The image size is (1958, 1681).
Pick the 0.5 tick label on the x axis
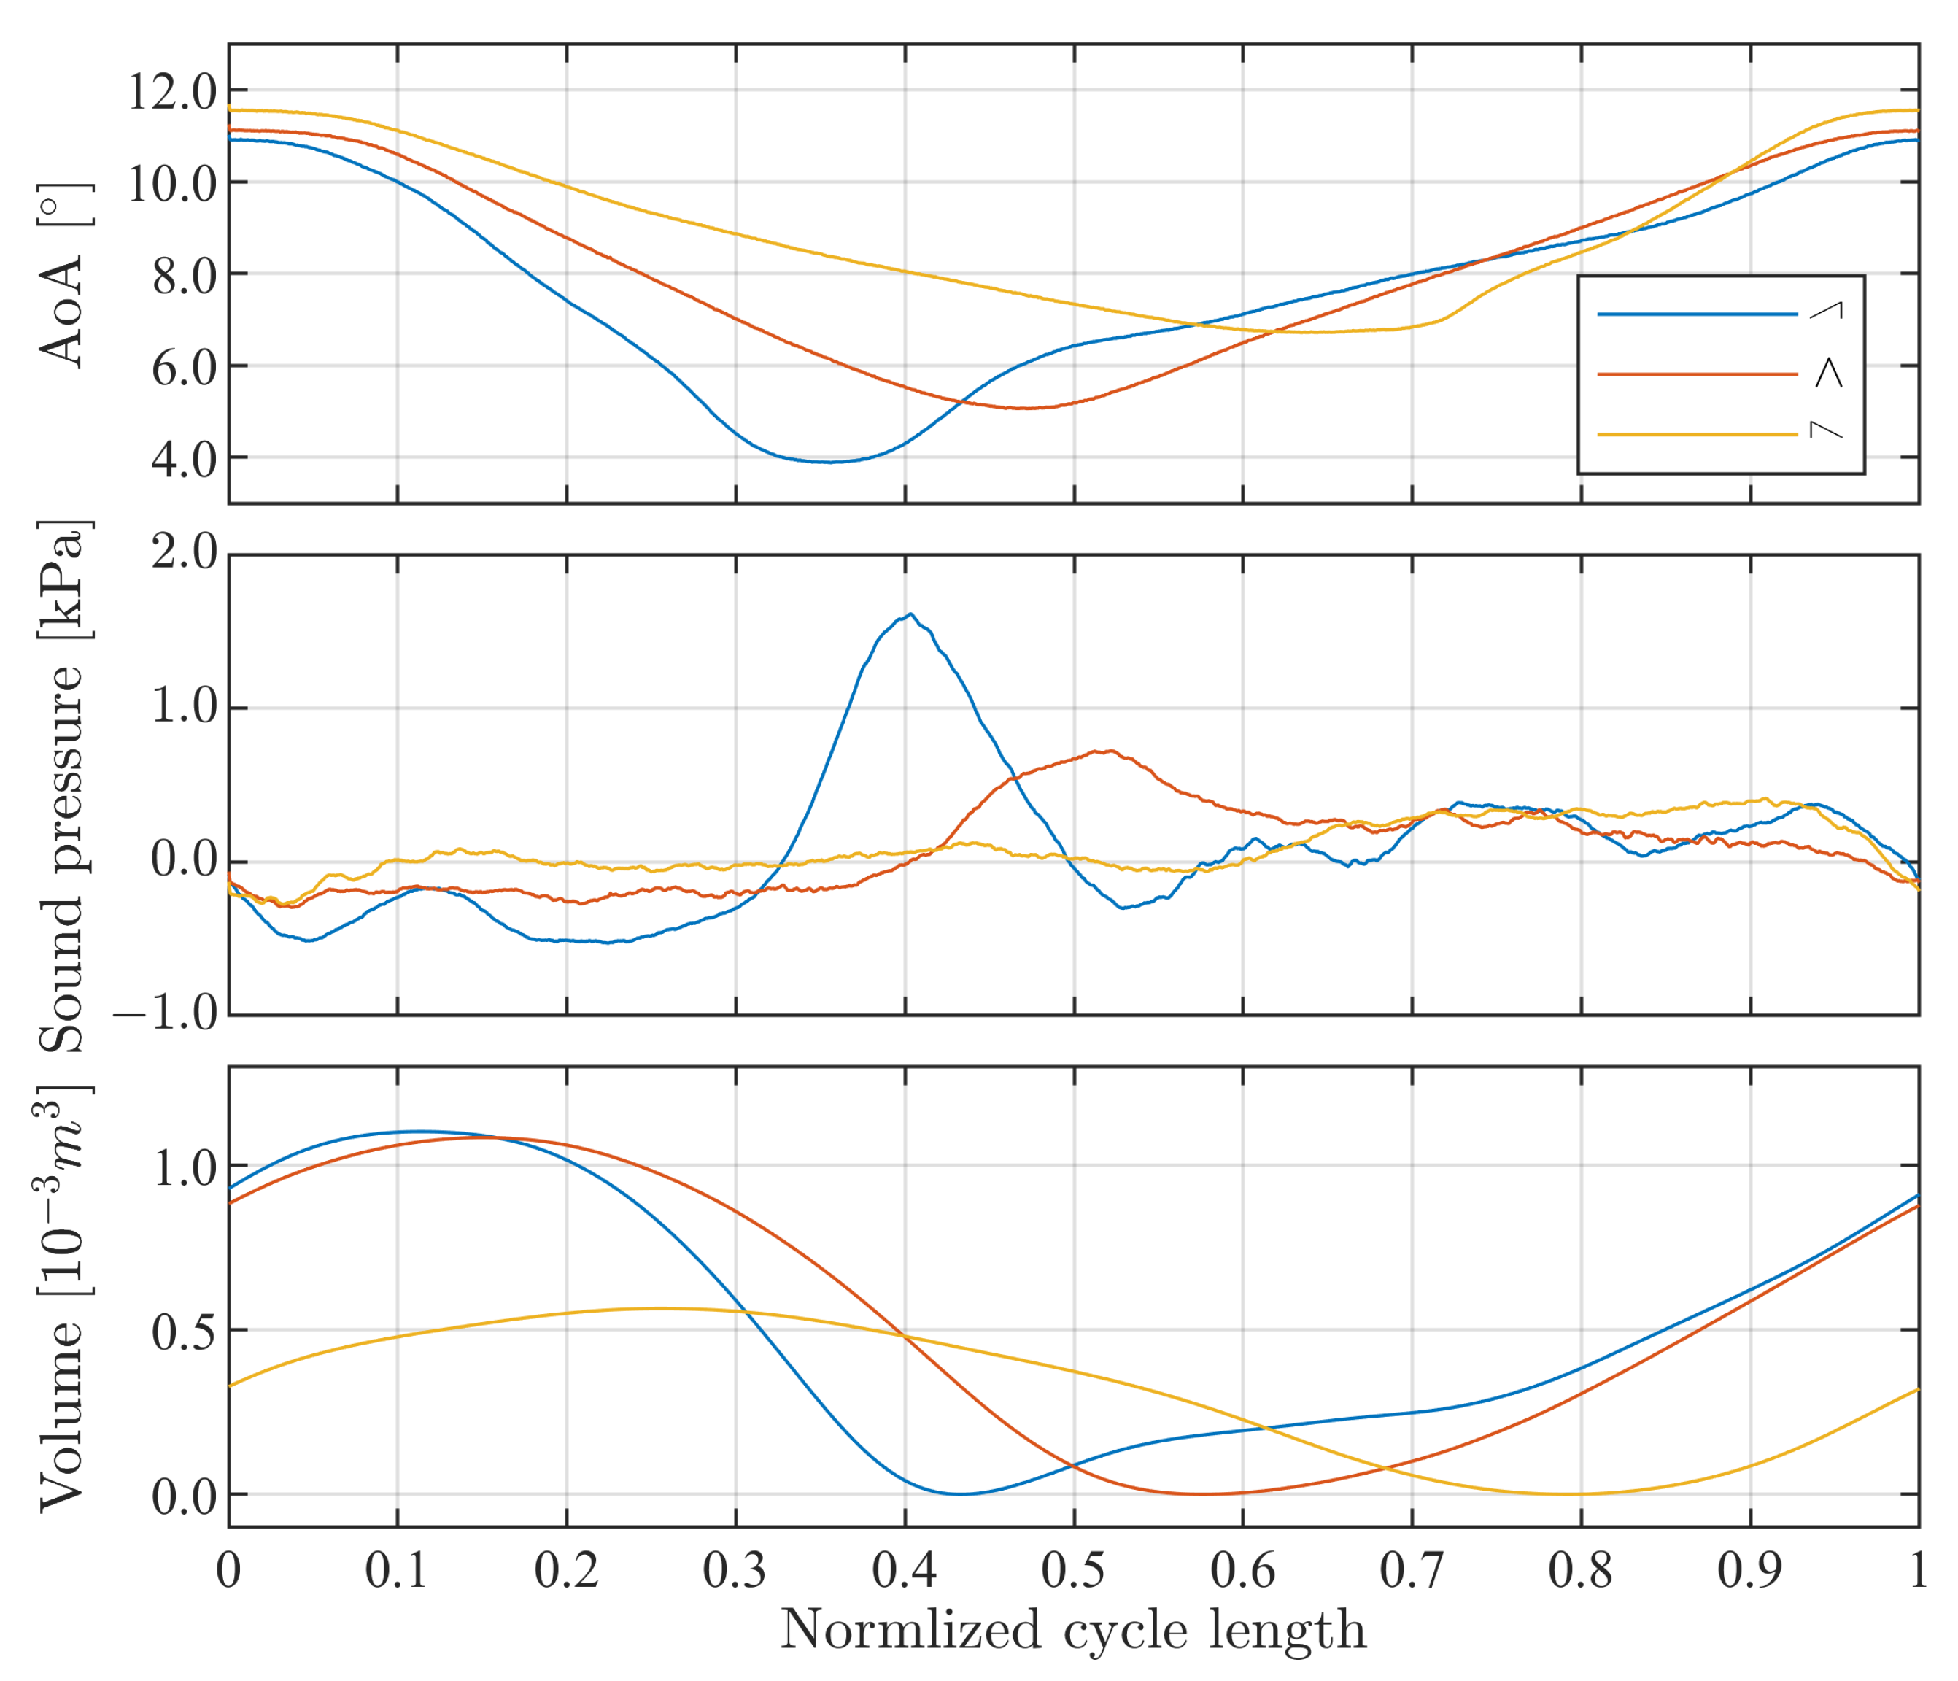click(x=1074, y=1570)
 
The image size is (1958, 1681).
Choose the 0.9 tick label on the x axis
click(x=1749, y=1570)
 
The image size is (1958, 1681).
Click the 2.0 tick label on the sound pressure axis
click(x=183, y=553)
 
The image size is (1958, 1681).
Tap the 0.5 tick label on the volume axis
click(x=183, y=1332)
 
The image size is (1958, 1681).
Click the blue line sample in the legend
click(x=1696, y=314)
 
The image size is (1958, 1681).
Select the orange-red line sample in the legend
click(x=1696, y=374)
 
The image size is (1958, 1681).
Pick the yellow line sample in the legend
click(x=1696, y=435)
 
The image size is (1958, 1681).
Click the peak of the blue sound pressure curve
click(x=910, y=614)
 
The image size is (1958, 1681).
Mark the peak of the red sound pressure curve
click(x=1110, y=751)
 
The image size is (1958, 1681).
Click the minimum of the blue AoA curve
click(x=829, y=462)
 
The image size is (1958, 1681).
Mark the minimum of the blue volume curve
click(x=960, y=1494)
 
